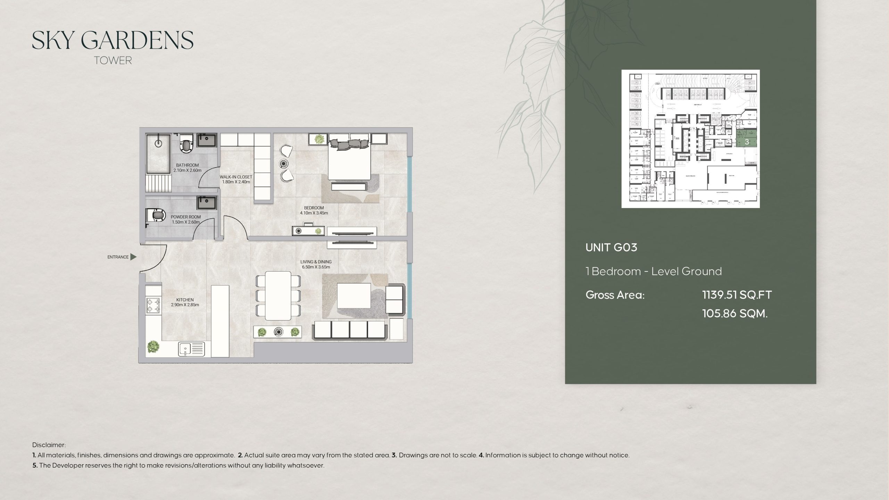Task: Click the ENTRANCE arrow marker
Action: [133, 257]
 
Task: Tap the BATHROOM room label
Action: [187, 165]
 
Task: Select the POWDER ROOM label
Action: [185, 217]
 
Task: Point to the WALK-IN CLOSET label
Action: [236, 177]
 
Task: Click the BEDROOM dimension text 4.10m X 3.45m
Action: [314, 213]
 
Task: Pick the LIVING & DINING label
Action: [316, 262]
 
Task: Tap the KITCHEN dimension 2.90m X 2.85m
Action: [185, 305]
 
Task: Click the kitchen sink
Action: [191, 349]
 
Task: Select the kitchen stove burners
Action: [153, 305]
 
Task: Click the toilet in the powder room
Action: [157, 216]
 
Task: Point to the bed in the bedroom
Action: [349, 160]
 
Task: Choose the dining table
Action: [278, 295]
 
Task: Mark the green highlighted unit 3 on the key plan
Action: [747, 142]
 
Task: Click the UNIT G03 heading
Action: [611, 247]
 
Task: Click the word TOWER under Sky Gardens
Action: [113, 60]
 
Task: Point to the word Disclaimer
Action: [49, 445]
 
